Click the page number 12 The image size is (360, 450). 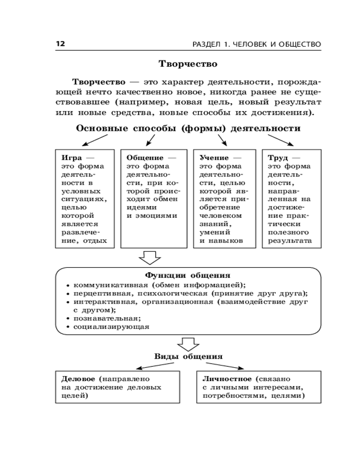point(60,44)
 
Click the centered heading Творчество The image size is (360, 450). point(188,64)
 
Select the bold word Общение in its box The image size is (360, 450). point(145,158)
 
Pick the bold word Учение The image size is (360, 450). point(214,158)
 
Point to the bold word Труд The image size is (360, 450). point(278,158)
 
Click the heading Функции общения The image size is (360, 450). point(188,275)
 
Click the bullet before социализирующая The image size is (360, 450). point(67,327)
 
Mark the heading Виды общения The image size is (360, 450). point(189,356)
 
